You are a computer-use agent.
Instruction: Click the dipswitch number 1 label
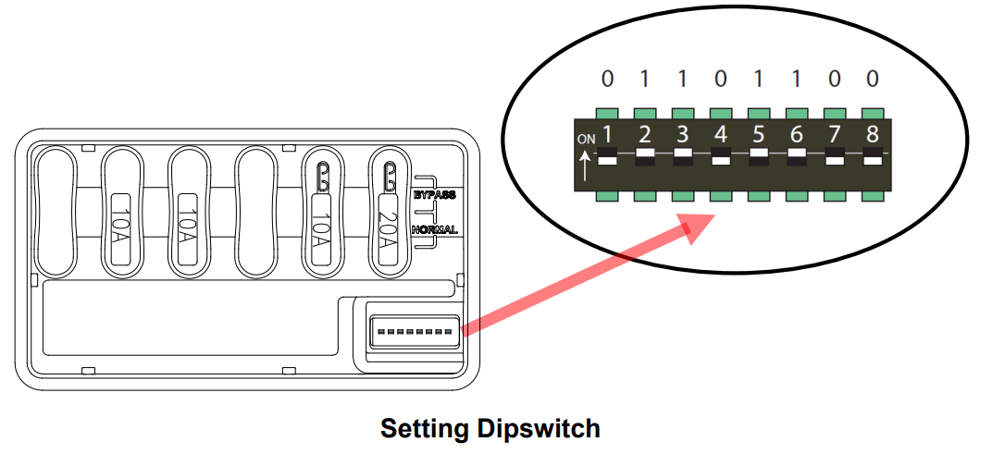(607, 134)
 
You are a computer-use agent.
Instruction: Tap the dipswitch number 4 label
(721, 134)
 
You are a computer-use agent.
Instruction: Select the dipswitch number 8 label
(872, 134)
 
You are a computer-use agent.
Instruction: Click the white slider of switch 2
(645, 152)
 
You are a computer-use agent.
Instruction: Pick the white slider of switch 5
(758, 152)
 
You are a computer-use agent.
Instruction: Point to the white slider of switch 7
(835, 161)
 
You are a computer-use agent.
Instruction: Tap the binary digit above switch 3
(683, 80)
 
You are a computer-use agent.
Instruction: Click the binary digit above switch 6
(796, 80)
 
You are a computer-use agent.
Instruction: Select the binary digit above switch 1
(607, 80)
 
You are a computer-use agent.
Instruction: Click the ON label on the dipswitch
(587, 140)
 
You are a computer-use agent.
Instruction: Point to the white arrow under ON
(586, 166)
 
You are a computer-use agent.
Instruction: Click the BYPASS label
(434, 194)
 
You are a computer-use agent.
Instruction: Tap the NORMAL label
(435, 229)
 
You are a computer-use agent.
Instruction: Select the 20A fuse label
(388, 227)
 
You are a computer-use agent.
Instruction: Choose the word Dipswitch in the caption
(538, 430)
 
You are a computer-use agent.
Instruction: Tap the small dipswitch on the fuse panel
(416, 331)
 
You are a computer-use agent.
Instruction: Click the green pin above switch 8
(872, 114)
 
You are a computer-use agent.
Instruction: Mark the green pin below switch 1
(607, 197)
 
